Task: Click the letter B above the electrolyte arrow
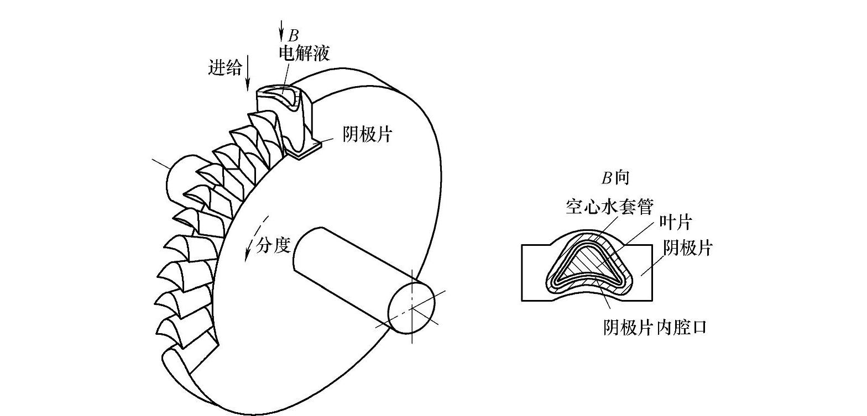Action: coord(294,36)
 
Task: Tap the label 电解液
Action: coord(304,53)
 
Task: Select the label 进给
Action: coord(225,67)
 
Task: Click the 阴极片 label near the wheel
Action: coord(367,135)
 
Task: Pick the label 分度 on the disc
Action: coord(274,245)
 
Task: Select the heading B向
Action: coord(615,178)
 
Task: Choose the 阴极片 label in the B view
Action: coord(688,248)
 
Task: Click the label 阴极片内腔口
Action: coord(655,328)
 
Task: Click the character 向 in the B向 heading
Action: coord(623,178)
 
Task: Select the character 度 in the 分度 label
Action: coord(282,245)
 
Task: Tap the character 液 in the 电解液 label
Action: coord(321,53)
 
